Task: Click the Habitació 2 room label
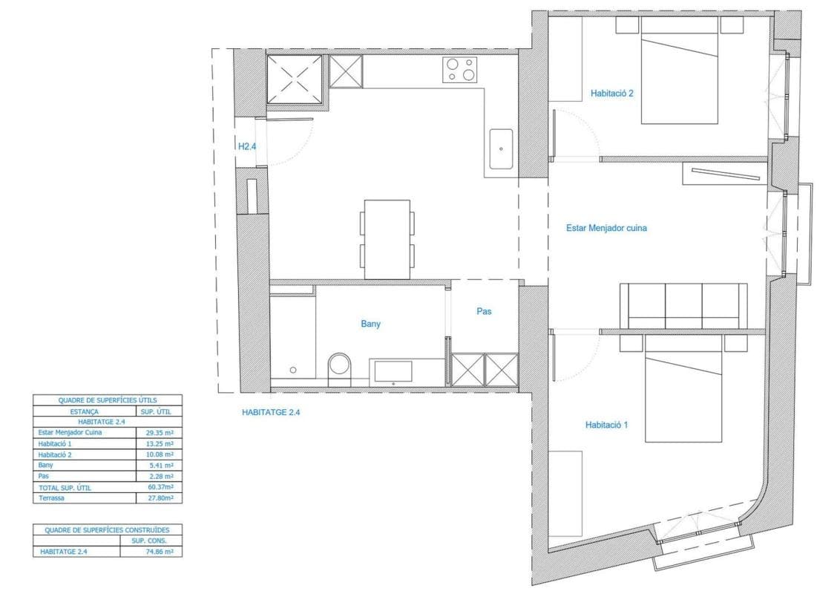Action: (x=611, y=93)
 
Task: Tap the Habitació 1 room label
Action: (x=606, y=425)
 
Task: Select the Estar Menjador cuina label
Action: (x=606, y=228)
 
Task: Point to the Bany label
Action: (x=371, y=324)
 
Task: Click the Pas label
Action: (x=484, y=311)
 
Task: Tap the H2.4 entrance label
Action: (x=247, y=146)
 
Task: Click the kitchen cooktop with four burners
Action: (x=459, y=71)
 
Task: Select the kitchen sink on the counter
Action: (x=500, y=148)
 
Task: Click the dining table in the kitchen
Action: (x=387, y=239)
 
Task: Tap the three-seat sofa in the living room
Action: (x=683, y=306)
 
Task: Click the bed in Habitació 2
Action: (x=680, y=71)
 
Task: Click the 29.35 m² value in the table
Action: (x=160, y=433)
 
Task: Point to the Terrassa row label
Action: (x=51, y=498)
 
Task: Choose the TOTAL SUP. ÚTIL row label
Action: (x=65, y=488)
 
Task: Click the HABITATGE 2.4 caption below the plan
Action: (x=271, y=413)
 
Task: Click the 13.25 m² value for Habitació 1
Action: (x=160, y=444)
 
